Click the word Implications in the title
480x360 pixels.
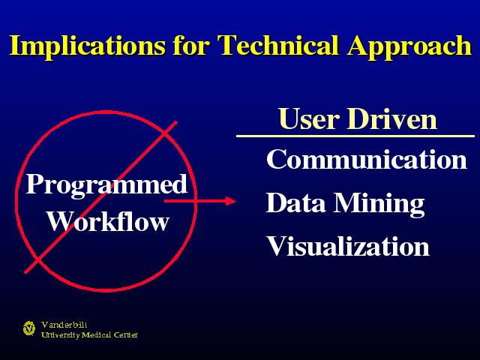(x=88, y=46)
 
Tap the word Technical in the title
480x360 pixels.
(x=278, y=45)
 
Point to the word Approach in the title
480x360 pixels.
(x=409, y=46)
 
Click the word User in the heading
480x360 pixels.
(x=309, y=118)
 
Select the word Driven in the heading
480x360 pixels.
(x=391, y=118)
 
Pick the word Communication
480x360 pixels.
(x=367, y=159)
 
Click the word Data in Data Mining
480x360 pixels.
(x=295, y=202)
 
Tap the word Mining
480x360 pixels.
(x=379, y=205)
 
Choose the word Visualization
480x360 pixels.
(x=348, y=246)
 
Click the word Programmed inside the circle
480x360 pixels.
(x=106, y=185)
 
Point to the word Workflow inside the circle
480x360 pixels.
(x=108, y=221)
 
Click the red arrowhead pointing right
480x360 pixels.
(x=231, y=201)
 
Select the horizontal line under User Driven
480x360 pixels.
(x=355, y=136)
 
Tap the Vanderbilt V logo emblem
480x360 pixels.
(x=29, y=328)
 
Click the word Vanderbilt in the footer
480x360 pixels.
(x=64, y=325)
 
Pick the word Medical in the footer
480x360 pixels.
(x=97, y=335)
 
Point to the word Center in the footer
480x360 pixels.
(x=126, y=335)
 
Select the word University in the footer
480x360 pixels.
(x=61, y=335)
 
